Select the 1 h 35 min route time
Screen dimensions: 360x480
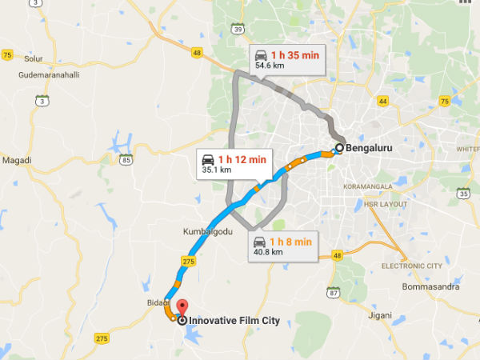tap(294, 55)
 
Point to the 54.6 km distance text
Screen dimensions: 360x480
tap(267, 66)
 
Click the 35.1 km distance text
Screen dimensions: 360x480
tap(216, 170)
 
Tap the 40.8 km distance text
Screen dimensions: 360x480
tap(267, 252)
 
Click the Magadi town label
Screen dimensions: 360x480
tap(17, 160)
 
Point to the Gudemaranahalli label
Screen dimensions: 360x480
tap(51, 75)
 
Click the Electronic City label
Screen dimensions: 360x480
tap(411, 265)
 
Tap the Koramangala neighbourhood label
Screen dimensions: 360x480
tap(369, 186)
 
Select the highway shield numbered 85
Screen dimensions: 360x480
tap(126, 161)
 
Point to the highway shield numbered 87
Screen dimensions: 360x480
tap(333, 293)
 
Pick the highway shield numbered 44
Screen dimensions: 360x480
tap(382, 102)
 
